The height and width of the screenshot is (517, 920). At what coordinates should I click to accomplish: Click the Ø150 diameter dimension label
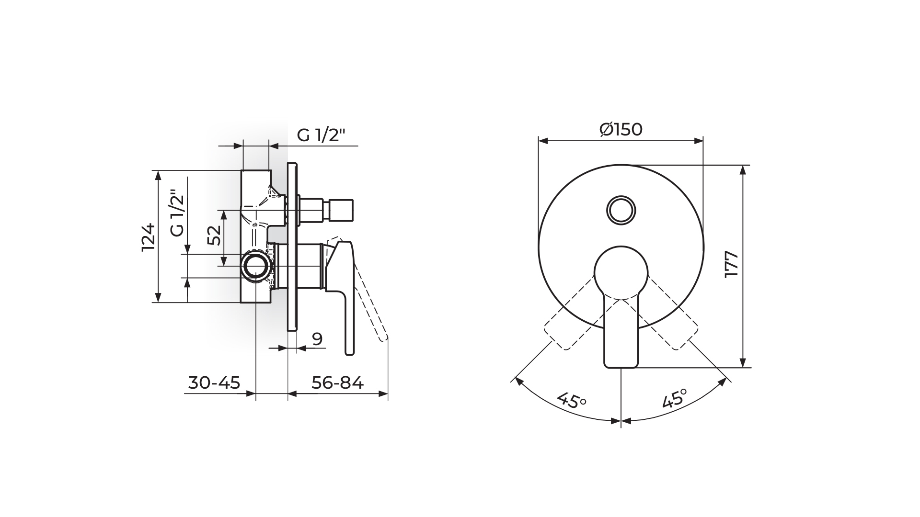pyautogui.click(x=621, y=129)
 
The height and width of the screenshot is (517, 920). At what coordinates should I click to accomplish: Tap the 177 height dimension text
pyautogui.click(x=732, y=264)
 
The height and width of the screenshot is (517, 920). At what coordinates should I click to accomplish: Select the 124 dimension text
pyautogui.click(x=149, y=237)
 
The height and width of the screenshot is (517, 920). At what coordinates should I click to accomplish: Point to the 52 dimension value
pyautogui.click(x=215, y=235)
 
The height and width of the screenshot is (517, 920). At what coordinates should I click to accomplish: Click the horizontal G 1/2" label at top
pyautogui.click(x=321, y=135)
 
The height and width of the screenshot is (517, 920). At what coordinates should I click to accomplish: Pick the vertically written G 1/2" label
pyautogui.click(x=177, y=214)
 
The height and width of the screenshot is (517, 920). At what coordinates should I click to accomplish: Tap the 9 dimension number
pyautogui.click(x=317, y=339)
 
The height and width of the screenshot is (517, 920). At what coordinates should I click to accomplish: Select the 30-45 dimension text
pyautogui.click(x=214, y=383)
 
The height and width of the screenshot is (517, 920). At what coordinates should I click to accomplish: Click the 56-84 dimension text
pyautogui.click(x=337, y=383)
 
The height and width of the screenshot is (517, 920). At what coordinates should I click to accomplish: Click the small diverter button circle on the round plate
pyautogui.click(x=621, y=210)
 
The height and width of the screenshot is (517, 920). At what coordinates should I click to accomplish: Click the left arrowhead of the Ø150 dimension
pyautogui.click(x=543, y=140)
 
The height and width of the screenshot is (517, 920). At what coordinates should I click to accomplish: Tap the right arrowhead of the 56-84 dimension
pyautogui.click(x=383, y=394)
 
